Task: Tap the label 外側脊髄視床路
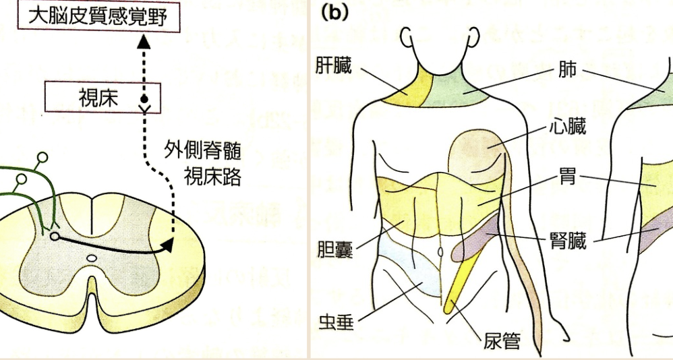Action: click(203, 162)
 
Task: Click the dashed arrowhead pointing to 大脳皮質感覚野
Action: click(144, 42)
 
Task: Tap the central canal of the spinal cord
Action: click(92, 258)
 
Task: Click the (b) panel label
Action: click(334, 13)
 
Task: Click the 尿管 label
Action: click(502, 341)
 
